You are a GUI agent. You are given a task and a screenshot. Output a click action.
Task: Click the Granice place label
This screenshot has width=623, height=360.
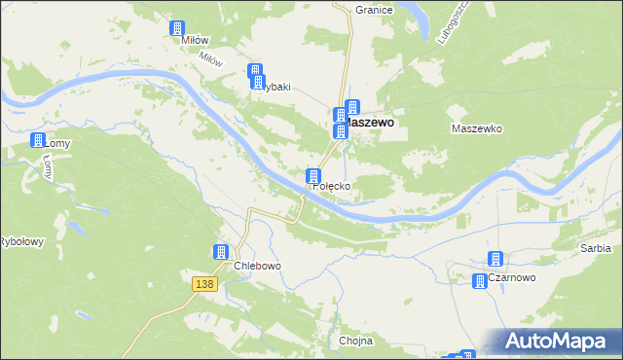pos(374,10)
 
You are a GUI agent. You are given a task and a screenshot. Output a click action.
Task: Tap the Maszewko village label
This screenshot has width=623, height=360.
pos(476,128)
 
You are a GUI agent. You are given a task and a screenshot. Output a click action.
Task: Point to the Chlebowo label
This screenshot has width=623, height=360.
pos(257,266)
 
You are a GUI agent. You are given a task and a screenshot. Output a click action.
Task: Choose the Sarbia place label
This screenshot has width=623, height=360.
pos(595,249)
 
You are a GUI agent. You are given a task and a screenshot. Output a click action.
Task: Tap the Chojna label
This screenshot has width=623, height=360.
pos(356,342)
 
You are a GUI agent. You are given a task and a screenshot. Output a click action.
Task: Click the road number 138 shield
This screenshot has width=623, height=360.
pos(202,283)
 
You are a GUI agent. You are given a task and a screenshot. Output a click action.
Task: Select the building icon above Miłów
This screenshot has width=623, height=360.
pos(177,29)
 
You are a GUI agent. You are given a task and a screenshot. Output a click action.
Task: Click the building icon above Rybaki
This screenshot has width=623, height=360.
pos(255,71)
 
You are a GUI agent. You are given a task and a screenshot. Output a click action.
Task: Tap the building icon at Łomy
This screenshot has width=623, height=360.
pos(39,140)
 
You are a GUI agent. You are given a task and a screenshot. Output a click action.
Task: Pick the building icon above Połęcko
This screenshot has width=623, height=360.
pos(313,176)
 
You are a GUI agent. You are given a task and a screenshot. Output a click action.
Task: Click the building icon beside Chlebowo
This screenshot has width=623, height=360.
pos(222,252)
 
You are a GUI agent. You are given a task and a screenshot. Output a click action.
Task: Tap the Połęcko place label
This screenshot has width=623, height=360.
pos(331,185)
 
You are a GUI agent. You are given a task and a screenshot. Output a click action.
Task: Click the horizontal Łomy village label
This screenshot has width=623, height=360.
pos(58,143)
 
